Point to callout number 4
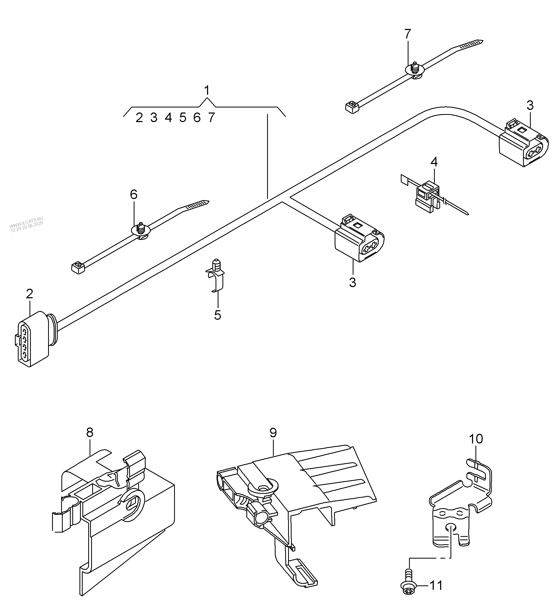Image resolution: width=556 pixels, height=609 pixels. coord(434,162)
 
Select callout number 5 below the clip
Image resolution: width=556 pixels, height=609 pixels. coord(217,315)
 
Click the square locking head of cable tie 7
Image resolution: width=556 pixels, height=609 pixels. coord(351,107)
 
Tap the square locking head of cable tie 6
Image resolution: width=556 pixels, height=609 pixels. coord(78,267)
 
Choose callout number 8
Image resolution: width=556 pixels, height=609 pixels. coord(90,433)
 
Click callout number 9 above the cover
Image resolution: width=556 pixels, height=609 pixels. coord(273,433)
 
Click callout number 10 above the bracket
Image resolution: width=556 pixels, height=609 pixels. coord(476,439)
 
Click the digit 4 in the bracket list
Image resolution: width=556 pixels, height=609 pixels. coord(168,118)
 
